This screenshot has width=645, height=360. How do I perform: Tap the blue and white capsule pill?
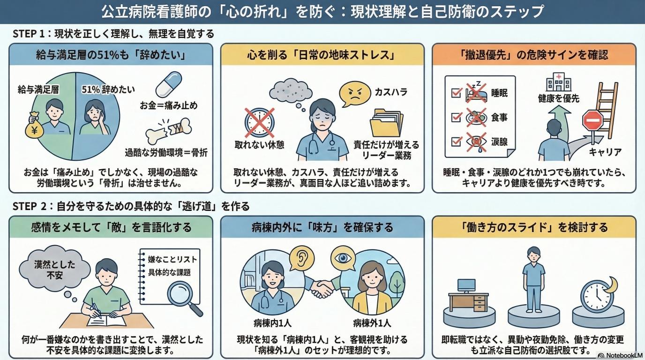click(169, 84)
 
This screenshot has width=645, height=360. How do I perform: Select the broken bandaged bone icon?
click(168, 131)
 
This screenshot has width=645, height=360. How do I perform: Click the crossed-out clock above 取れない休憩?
click(259, 122)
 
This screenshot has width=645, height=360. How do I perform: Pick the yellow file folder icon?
click(386, 123)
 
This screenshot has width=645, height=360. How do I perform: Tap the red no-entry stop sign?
click(592, 120)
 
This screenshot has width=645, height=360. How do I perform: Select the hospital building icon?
click(559, 82)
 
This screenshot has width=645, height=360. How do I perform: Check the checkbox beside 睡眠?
click(456, 93)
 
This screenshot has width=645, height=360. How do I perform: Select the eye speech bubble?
click(342, 258)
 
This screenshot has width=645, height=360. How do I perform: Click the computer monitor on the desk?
click(466, 285)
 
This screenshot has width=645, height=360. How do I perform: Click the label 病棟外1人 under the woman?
click(372, 323)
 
